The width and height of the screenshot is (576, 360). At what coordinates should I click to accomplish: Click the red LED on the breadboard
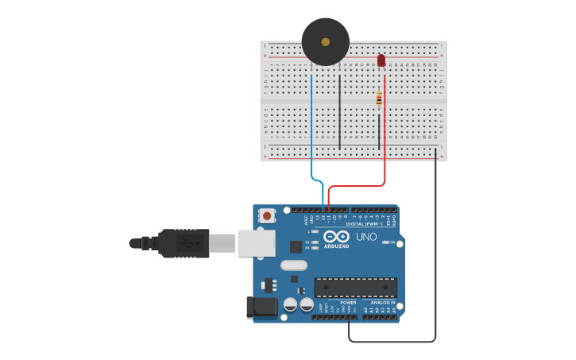point(381,60)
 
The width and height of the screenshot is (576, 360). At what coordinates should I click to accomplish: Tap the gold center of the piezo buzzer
point(325,41)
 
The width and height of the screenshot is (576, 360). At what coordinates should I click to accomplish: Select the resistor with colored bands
point(379,99)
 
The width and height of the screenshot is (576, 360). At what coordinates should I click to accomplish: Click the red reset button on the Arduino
point(268,215)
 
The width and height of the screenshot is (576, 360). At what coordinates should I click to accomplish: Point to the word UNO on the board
point(366,237)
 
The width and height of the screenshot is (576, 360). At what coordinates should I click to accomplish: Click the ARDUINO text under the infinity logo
point(335,246)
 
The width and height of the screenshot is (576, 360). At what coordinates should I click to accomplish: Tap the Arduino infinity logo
point(335,237)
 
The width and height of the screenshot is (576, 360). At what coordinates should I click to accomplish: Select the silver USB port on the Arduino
point(257,243)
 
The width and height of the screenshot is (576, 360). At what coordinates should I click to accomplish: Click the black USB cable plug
point(184,243)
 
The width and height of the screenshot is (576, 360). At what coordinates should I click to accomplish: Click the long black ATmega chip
point(355,287)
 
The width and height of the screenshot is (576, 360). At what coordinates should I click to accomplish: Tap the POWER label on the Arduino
point(348,303)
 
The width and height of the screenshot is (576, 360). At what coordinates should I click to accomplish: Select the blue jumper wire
point(311,127)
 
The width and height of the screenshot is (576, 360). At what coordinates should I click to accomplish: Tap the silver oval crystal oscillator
point(293,265)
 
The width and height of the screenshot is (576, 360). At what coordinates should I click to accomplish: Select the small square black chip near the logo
point(296,247)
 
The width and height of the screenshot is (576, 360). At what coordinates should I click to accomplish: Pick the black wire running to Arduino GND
point(435,254)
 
